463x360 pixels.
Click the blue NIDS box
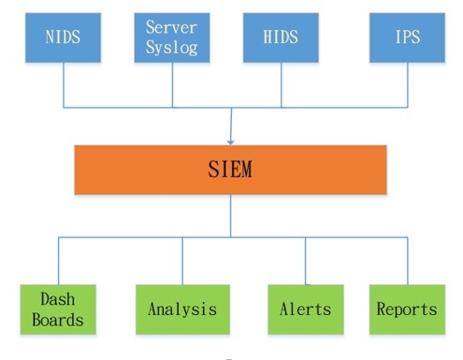point(63,38)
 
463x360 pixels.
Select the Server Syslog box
point(172,38)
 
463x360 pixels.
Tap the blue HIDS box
point(280,38)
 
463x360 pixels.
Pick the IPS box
point(407,38)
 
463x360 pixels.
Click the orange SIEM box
point(230,169)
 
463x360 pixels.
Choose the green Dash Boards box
point(58,310)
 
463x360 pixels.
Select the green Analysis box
point(183,310)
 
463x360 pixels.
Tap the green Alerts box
point(306,310)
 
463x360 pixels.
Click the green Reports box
point(407,310)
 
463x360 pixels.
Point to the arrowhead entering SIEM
point(230,143)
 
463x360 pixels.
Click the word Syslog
point(172,48)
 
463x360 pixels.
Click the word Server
point(172,27)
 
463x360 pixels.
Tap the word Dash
point(58,299)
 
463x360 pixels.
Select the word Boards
point(58,319)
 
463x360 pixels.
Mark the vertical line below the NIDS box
point(63,85)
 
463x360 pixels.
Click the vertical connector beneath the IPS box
point(407,85)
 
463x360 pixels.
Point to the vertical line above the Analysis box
point(183,261)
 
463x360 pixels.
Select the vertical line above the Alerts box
point(306,261)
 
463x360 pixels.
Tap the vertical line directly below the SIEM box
point(230,216)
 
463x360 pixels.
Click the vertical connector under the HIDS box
point(281,85)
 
